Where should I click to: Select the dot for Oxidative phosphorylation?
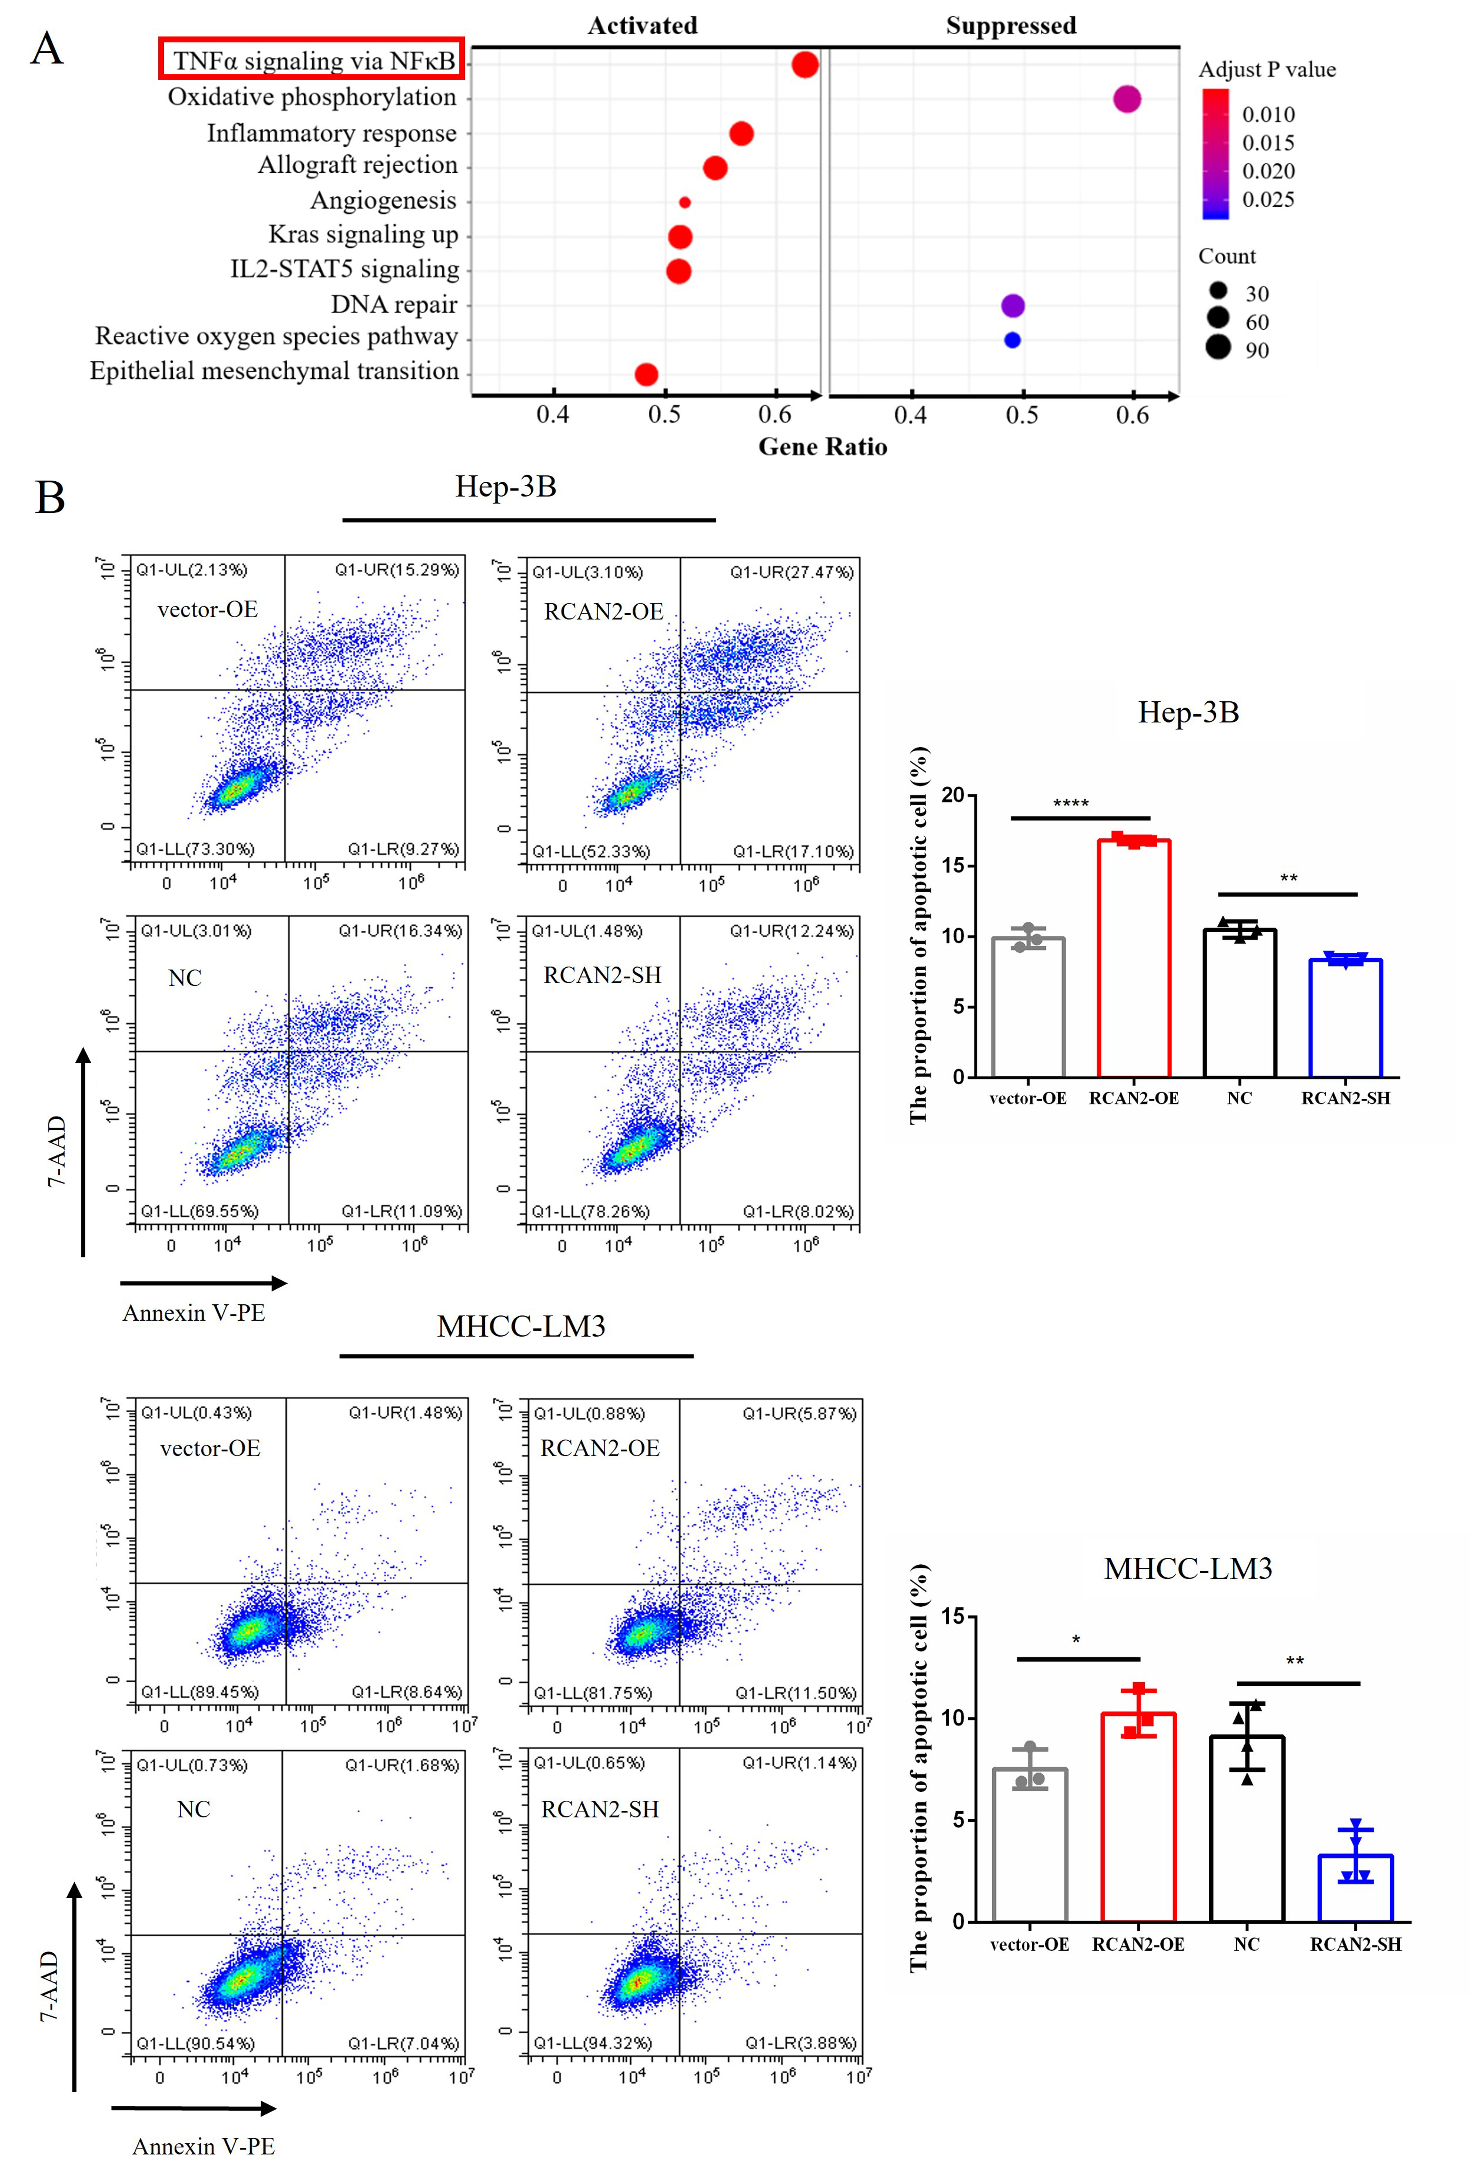pyautogui.click(x=1127, y=98)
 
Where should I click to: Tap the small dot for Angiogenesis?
pyautogui.click(x=685, y=202)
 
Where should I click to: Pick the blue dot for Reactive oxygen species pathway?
pyautogui.click(x=1011, y=340)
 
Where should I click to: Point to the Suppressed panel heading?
pyautogui.click(x=1011, y=25)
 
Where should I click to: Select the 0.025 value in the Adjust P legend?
pyautogui.click(x=1268, y=199)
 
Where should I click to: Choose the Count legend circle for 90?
pyautogui.click(x=1217, y=347)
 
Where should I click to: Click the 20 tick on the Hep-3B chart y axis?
pyautogui.click(x=953, y=796)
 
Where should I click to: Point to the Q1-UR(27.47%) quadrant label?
pyautogui.click(x=792, y=572)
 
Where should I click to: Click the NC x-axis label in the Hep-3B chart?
pyautogui.click(x=1239, y=1098)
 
